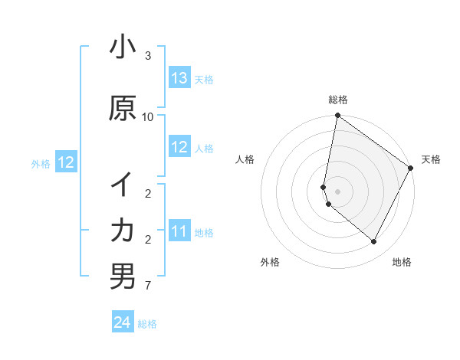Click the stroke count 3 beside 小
tap(148, 56)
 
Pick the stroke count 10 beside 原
tap(148, 116)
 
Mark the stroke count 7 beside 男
tap(148, 286)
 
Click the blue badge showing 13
tap(179, 78)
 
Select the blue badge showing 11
tap(179, 231)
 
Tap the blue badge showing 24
tap(123, 322)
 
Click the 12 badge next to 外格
tap(66, 162)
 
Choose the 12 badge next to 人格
tap(179, 147)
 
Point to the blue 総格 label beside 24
tap(147, 324)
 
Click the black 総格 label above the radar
tap(338, 100)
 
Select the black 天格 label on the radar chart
tap(431, 159)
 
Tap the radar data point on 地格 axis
tap(374, 242)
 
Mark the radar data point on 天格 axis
tap(411, 169)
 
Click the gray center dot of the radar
tap(338, 191)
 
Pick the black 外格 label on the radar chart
tap(270, 262)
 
